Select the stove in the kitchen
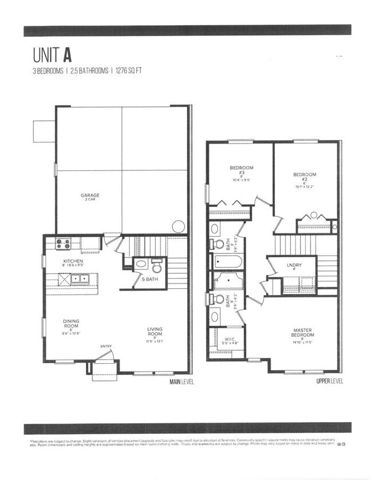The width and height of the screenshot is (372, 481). (62, 244)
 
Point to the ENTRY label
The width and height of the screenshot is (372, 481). (106, 346)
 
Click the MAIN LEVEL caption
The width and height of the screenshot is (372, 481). (181, 381)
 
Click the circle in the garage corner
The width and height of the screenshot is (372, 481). (178, 225)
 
